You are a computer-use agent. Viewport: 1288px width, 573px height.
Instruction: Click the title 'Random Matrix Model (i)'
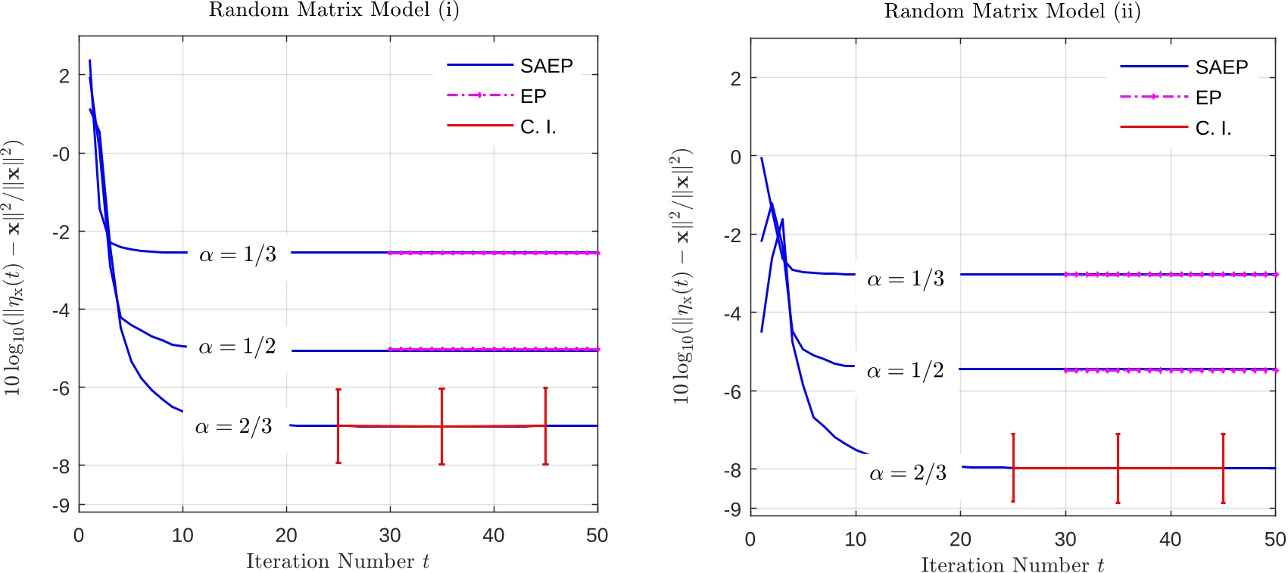point(334,11)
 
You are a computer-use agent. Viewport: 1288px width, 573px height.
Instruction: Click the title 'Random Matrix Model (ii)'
point(1012,11)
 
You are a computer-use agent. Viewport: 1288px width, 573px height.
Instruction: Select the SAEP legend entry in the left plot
point(546,66)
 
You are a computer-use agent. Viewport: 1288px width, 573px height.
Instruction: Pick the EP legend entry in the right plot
point(1208,98)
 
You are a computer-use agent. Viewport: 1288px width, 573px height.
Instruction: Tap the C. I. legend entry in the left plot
point(538,127)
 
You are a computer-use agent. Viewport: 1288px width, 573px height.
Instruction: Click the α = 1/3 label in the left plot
point(237,255)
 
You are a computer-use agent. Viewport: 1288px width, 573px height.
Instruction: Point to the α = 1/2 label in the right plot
point(905,371)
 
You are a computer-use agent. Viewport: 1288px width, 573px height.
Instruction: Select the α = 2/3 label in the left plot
point(233,427)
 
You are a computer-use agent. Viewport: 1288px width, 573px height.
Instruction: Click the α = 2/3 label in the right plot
point(908,474)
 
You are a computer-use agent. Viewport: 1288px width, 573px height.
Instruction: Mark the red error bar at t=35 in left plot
point(441,426)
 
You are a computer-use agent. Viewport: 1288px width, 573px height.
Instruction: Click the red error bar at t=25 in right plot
point(1013,468)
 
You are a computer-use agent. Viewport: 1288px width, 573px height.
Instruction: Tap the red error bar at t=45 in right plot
point(1223,468)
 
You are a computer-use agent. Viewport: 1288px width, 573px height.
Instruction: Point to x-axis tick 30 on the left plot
point(390,535)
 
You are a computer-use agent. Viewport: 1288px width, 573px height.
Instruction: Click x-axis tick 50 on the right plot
point(1275,539)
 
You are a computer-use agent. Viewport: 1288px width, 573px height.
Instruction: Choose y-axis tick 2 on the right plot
point(735,78)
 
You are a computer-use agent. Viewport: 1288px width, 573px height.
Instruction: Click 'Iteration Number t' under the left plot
point(338,561)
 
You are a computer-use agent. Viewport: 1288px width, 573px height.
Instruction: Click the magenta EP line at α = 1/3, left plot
point(492,253)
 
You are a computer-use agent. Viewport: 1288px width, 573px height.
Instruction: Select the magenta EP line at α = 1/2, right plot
point(1170,370)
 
